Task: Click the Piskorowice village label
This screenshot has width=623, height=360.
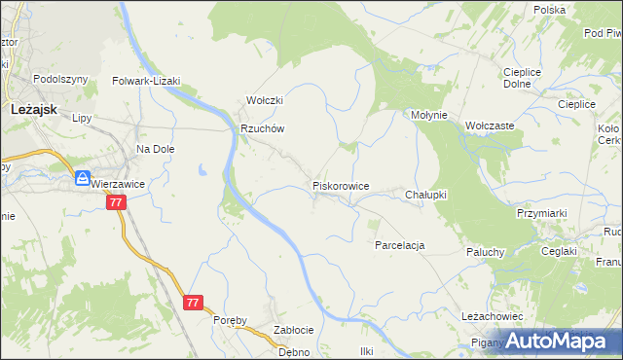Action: (x=340, y=185)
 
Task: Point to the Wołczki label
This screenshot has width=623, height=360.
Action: (x=264, y=100)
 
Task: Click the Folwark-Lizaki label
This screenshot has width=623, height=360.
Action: (x=147, y=82)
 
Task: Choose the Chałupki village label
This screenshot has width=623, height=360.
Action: (x=425, y=195)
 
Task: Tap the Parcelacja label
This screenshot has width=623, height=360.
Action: (x=400, y=245)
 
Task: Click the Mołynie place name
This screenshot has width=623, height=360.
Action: (x=428, y=115)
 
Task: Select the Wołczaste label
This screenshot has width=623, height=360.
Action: (x=490, y=126)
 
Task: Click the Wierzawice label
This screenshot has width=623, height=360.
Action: (x=118, y=183)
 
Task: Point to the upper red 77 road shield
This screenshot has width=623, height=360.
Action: (x=117, y=202)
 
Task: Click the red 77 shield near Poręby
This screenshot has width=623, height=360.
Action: (x=193, y=303)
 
